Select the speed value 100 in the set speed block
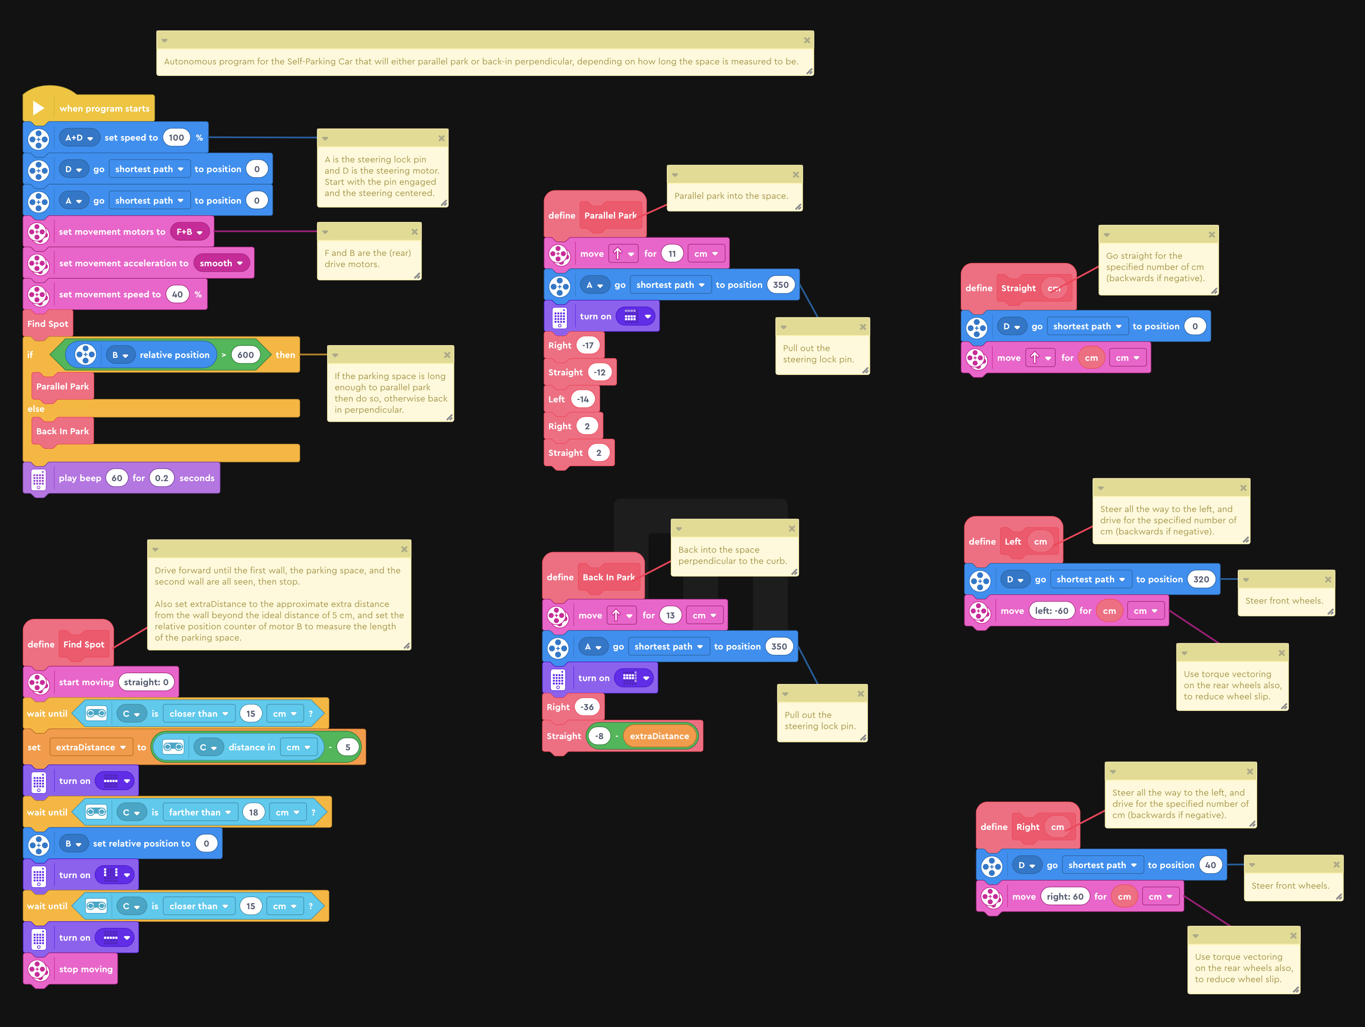[x=176, y=138]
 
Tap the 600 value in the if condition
[x=245, y=355]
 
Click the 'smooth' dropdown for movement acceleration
[x=221, y=263]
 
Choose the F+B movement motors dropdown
[x=189, y=232]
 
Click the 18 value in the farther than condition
[x=253, y=812]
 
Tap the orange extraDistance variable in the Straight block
[x=659, y=736]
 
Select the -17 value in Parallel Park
[x=588, y=346]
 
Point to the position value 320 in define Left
[x=1201, y=579]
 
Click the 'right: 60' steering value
[x=1064, y=897]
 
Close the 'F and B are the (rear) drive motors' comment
[x=415, y=232]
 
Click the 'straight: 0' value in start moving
[x=146, y=682]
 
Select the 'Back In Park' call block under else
[x=62, y=431]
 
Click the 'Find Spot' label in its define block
[x=84, y=644]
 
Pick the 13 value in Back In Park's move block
[x=670, y=616]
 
